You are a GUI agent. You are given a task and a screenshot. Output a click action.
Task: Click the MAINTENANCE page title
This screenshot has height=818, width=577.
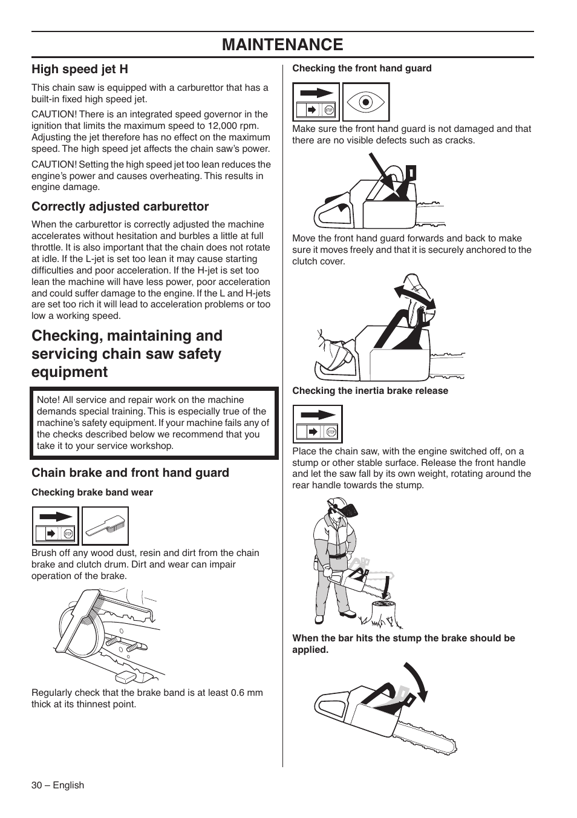(x=282, y=45)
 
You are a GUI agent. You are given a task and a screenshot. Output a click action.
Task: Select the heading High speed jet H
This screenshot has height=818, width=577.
(x=80, y=69)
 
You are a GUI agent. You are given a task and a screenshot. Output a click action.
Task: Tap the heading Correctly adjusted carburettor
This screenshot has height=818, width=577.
(x=120, y=206)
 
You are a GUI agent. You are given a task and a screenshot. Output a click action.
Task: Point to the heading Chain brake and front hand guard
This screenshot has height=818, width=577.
(x=130, y=473)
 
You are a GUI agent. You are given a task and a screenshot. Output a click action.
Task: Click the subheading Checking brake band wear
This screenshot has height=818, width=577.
(x=92, y=492)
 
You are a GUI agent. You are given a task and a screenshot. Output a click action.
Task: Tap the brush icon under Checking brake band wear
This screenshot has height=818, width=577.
(x=105, y=526)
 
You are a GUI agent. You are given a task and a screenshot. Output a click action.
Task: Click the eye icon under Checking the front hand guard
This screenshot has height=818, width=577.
(x=365, y=102)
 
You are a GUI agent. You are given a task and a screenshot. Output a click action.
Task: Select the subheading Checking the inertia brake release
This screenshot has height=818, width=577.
(x=370, y=391)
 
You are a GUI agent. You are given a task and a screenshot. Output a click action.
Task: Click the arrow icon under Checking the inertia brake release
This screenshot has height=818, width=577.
(x=318, y=424)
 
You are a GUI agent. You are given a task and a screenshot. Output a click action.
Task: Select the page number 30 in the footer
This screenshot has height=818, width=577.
(x=37, y=785)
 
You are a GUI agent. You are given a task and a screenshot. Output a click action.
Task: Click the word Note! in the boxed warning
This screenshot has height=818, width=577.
(x=48, y=400)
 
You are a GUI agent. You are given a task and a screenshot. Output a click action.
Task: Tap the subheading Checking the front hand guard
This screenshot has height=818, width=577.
(x=362, y=68)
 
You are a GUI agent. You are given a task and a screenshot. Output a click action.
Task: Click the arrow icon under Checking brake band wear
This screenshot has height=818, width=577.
(x=55, y=526)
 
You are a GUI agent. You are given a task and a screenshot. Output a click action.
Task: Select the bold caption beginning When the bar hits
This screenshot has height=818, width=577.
(x=403, y=644)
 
